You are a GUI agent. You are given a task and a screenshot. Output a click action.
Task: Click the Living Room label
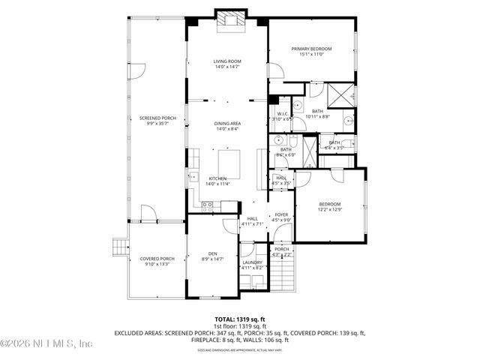click(226, 61)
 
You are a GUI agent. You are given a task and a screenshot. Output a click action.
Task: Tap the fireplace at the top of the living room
click(226, 21)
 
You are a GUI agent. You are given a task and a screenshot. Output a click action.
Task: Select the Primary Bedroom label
click(311, 49)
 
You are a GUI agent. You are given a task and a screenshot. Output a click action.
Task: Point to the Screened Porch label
click(157, 118)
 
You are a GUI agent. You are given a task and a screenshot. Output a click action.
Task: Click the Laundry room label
click(253, 262)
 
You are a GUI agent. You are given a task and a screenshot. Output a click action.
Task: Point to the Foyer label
click(281, 215)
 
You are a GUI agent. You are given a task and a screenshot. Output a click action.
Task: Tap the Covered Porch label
click(157, 259)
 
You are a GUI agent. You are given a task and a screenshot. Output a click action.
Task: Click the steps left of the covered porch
click(118, 247)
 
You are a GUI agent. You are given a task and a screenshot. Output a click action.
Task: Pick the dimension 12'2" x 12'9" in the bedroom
click(330, 209)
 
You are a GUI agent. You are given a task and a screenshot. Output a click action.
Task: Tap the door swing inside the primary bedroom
click(277, 73)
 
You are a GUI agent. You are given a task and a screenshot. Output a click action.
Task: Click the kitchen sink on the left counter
click(193, 160)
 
